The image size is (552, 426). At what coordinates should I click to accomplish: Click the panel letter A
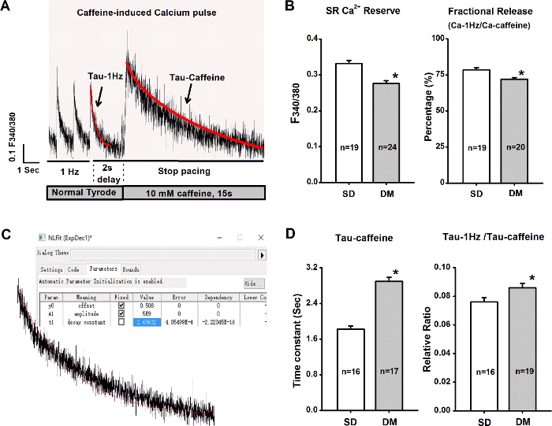(6, 7)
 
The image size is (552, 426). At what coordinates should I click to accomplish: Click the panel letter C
(6, 234)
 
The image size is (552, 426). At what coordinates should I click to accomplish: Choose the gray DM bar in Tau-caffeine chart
(385, 346)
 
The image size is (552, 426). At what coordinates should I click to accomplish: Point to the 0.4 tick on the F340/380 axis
(312, 39)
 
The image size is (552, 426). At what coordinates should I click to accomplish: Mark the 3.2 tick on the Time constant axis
(312, 268)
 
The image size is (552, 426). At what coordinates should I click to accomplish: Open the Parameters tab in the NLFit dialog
(103, 269)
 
